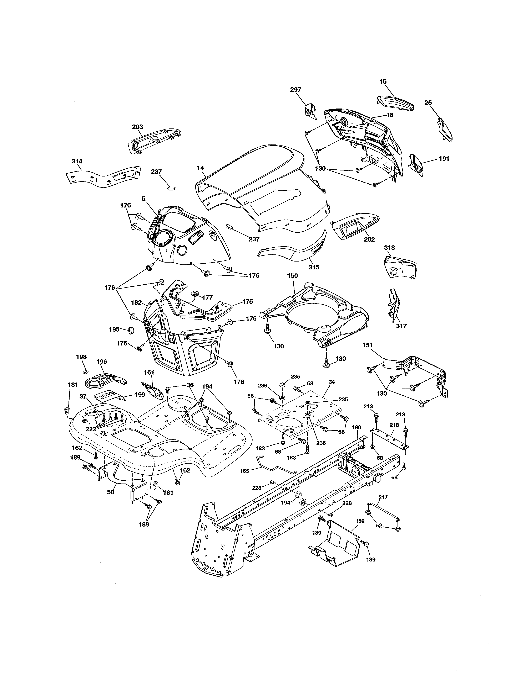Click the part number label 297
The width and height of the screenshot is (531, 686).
point(295,90)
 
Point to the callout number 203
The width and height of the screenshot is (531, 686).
point(137,127)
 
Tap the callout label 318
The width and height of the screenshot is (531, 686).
point(389,248)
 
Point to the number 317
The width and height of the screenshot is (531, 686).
point(401,326)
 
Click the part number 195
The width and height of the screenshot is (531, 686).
point(114,329)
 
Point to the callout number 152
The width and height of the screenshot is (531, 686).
point(360,521)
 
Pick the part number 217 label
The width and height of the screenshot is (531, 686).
point(383,497)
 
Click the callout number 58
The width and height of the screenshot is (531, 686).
point(110,492)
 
